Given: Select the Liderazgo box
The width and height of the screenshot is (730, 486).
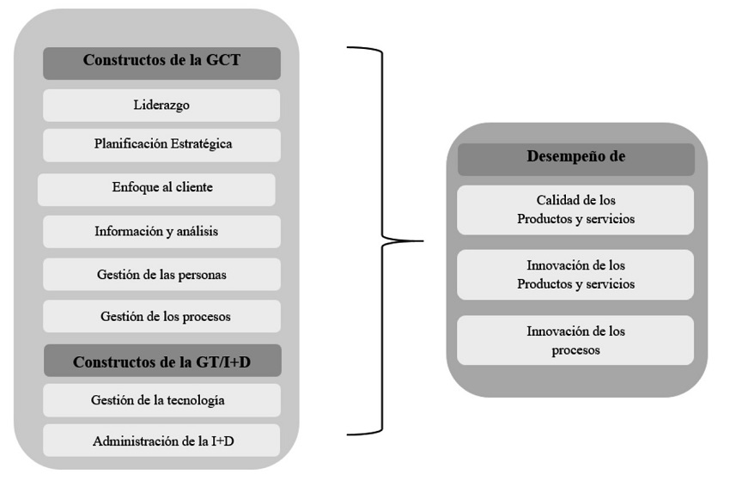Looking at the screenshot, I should click(161, 106).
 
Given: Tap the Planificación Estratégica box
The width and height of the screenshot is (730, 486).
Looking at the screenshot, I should click(161, 145).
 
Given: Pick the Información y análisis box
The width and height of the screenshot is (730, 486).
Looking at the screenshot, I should click(161, 232).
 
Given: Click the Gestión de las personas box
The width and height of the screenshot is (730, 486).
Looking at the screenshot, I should click(161, 275).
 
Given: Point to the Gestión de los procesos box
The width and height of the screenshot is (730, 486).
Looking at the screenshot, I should click(161, 317).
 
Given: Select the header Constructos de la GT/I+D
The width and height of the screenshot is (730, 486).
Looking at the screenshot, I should click(161, 361).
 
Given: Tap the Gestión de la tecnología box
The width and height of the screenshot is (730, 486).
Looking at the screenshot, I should click(161, 400).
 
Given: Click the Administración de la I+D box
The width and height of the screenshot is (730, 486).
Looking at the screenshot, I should click(161, 440).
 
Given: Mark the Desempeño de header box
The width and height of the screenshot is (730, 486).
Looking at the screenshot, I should click(575, 159).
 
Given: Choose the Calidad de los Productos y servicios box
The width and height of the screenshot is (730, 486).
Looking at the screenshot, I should click(575, 210).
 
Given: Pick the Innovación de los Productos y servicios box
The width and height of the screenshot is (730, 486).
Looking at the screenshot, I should click(575, 275).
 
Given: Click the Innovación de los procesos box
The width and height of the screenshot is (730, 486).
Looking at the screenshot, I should click(575, 340).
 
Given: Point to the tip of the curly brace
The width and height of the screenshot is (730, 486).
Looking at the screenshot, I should click(423, 241).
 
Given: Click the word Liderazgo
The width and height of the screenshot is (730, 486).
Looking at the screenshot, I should click(161, 106).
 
